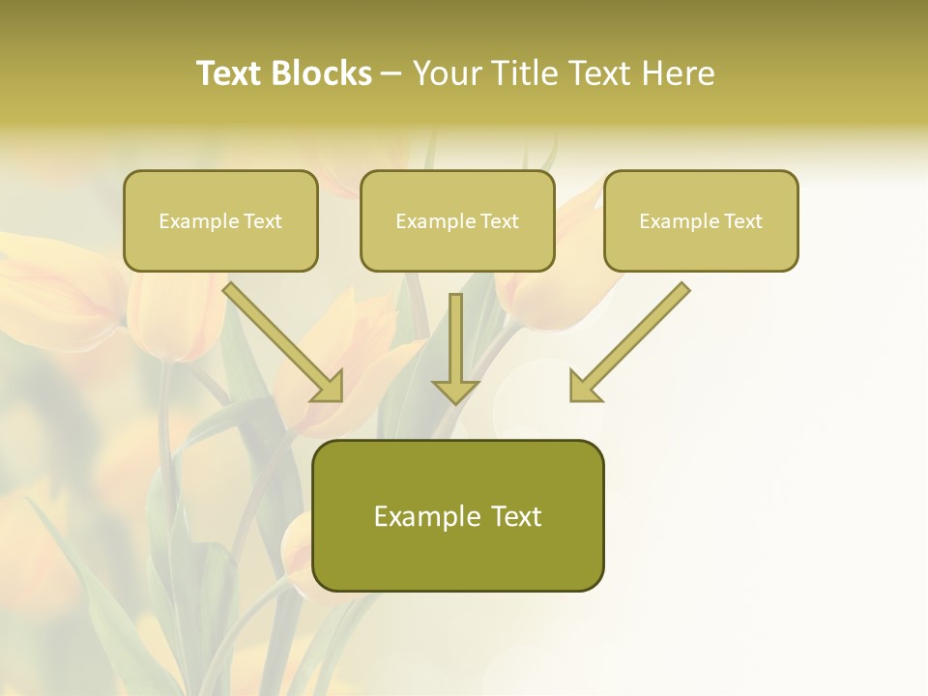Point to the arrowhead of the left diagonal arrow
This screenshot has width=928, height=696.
point(329,387)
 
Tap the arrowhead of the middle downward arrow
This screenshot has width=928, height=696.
point(455,391)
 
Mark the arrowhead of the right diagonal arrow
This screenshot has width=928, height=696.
point(584,387)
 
